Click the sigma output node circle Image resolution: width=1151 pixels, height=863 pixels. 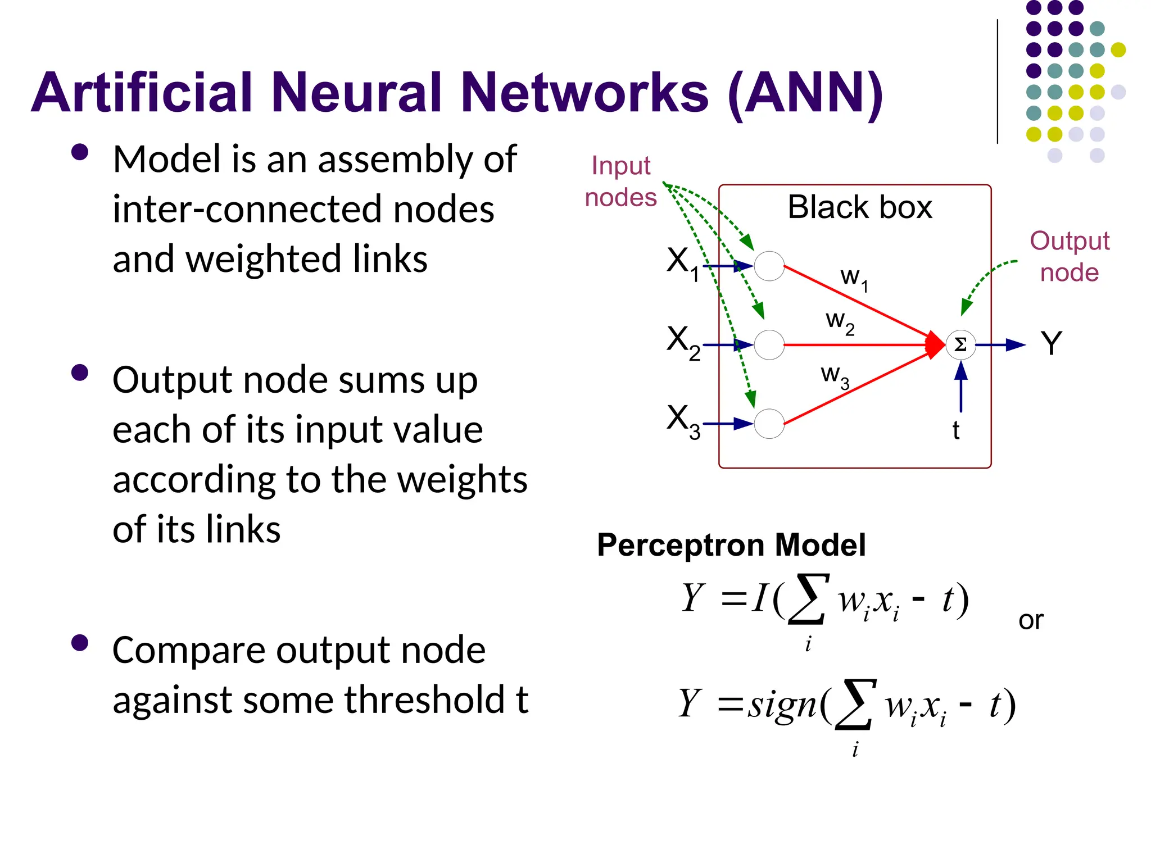tap(960, 345)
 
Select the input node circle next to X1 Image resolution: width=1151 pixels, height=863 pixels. tap(769, 266)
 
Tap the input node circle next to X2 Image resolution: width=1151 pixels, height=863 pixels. tap(769, 345)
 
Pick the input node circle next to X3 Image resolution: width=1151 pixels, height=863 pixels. tap(769, 424)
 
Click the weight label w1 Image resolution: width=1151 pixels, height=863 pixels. tap(854, 279)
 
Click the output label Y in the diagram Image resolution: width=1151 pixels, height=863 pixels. tap(1051, 343)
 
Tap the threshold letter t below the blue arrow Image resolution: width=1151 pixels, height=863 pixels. tap(955, 431)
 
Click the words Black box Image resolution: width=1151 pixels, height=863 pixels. tap(859, 207)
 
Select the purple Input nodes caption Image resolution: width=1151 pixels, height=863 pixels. tap(620, 181)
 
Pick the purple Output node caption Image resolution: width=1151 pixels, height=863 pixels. tap(1069, 257)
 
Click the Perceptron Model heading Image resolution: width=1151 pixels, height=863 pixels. tap(731, 545)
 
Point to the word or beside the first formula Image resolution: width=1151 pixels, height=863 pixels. tap(1031, 620)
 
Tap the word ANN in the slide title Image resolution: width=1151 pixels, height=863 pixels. tap(805, 93)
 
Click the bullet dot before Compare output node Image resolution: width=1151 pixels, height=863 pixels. tap(80, 643)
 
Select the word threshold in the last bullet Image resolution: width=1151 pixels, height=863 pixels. tap(424, 700)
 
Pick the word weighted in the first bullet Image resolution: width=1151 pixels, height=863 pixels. tap(262, 260)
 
